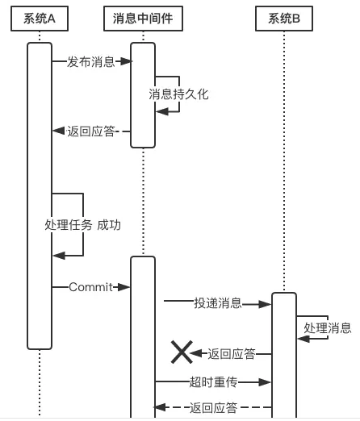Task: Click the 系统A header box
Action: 40,19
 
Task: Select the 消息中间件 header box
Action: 143,19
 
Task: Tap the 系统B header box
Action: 284,19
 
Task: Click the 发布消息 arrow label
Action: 91,61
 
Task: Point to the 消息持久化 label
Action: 178,94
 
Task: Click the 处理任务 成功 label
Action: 83,225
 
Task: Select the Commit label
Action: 91,287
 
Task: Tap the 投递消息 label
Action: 218,303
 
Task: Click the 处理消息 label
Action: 328,328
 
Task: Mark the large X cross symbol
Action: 182,352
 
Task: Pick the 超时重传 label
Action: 213,382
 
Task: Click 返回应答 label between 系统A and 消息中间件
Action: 91,131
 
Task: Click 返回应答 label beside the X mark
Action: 232,354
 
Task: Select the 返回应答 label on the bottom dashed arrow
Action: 213,407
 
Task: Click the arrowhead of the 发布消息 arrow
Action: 126,61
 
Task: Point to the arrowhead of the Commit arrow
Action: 123,287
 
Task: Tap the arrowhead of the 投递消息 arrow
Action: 265,304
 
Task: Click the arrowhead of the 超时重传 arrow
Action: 265,382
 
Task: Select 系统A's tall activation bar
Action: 40,196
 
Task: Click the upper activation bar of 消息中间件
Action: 143,95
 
